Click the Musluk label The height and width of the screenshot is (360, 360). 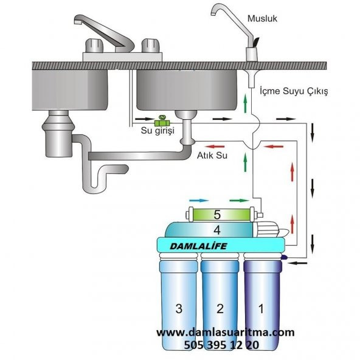pyautogui.click(x=262, y=19)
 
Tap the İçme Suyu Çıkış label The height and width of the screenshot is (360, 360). pyautogui.click(x=294, y=91)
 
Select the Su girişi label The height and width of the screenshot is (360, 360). pyautogui.click(x=157, y=130)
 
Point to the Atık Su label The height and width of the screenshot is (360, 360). pyautogui.click(x=212, y=156)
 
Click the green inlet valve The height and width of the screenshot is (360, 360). pyautogui.click(x=162, y=122)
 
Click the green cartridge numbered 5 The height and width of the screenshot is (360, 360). pyautogui.click(x=221, y=215)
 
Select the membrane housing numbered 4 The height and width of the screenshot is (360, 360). pyautogui.click(x=209, y=230)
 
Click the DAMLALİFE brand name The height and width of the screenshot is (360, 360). pyautogui.click(x=198, y=246)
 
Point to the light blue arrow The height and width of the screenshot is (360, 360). pyautogui.click(x=199, y=201)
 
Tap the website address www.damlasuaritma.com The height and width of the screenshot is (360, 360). pyautogui.click(x=225, y=332)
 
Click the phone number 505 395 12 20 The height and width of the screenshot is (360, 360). pyautogui.click(x=221, y=345)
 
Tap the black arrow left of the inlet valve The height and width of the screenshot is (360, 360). pyautogui.click(x=144, y=119)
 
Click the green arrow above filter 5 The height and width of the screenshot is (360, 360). pyautogui.click(x=239, y=201)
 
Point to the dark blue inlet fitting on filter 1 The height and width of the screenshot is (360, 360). pyautogui.click(x=284, y=257)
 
